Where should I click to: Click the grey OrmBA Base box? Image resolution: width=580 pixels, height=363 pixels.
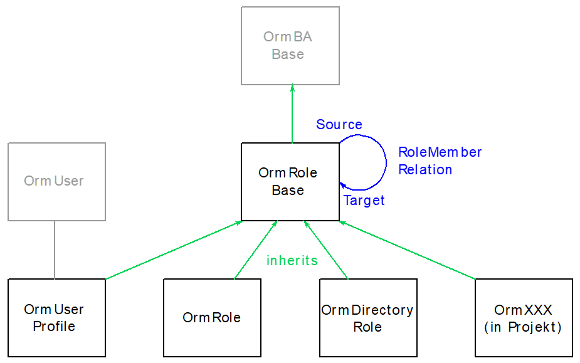click(290, 46)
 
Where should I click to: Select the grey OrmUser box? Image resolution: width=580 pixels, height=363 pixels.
click(56, 182)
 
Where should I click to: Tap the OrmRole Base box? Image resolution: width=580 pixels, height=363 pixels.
click(290, 182)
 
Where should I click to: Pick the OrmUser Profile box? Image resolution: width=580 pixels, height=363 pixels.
click(56, 318)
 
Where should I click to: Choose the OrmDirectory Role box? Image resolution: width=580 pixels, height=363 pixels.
click(368, 318)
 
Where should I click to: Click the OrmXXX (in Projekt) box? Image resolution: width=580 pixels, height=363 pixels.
click(524, 318)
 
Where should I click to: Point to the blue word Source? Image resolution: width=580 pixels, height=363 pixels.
click(339, 124)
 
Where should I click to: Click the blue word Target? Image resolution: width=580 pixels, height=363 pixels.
click(364, 201)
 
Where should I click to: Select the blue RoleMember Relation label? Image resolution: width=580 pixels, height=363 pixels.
click(440, 161)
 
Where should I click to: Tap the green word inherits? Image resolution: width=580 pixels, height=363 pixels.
click(292, 260)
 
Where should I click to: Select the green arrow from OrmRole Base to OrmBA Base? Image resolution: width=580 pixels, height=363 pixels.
click(292, 116)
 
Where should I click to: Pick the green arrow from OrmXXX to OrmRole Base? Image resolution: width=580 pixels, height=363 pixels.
click(408, 250)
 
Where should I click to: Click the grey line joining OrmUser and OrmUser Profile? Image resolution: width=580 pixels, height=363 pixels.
click(55, 250)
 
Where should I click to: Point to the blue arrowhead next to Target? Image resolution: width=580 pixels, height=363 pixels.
click(342, 184)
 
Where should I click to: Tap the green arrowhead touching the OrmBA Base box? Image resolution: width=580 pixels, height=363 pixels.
click(292, 88)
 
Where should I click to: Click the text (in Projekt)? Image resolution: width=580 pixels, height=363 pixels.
click(524, 327)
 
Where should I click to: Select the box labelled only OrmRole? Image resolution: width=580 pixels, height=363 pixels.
click(212, 318)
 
